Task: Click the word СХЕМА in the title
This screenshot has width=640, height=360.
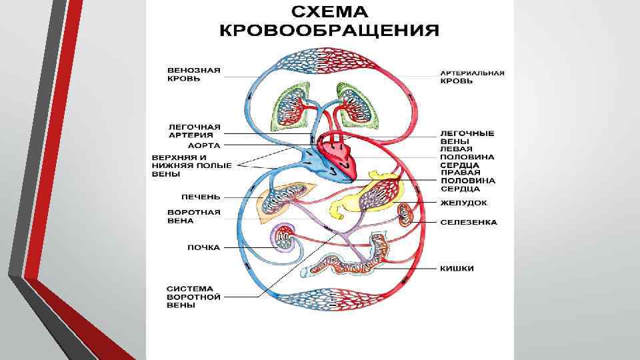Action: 329,13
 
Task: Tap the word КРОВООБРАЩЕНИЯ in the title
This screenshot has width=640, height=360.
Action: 329,31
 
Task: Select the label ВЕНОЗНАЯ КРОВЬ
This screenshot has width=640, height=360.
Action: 193,73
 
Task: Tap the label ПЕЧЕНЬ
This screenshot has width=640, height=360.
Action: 201,197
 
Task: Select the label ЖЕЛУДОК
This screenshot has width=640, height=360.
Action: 463,203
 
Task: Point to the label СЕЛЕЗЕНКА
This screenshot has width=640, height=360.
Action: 469,222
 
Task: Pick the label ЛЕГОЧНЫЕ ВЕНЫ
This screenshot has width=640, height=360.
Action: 467,137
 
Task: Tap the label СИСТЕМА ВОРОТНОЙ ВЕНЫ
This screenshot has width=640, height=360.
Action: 193,297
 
